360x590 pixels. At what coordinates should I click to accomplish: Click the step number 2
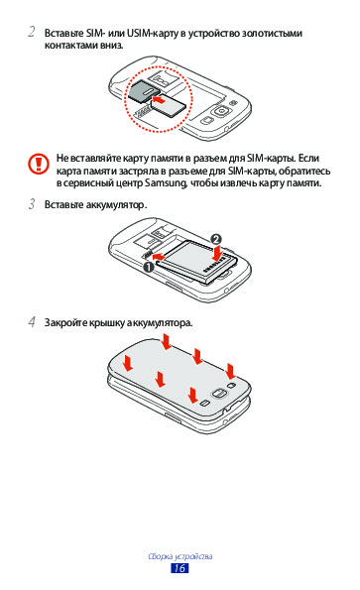click(x=32, y=32)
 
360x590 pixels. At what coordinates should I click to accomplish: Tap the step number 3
click(x=32, y=204)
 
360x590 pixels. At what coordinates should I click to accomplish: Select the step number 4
click(x=32, y=321)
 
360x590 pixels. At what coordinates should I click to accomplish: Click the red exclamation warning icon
click(x=38, y=164)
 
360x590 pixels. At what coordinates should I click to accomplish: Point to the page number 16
click(x=180, y=568)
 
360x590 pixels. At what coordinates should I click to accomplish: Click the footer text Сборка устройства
click(x=180, y=556)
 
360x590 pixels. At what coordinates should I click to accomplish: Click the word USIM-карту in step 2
click(x=152, y=33)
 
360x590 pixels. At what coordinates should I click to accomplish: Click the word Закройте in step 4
click(x=65, y=322)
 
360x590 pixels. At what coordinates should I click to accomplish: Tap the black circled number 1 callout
click(x=148, y=267)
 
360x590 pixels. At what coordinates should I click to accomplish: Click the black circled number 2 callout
click(x=215, y=239)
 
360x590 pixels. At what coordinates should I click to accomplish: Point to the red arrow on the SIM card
click(x=158, y=100)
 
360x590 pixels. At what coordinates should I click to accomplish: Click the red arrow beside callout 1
click(x=159, y=257)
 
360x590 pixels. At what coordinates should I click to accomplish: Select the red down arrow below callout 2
click(x=216, y=253)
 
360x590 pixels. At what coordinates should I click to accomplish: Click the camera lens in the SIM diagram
click(x=220, y=111)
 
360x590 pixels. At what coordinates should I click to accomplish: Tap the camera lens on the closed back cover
click(x=219, y=394)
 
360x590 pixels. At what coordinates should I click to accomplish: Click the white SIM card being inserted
click(x=168, y=105)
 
